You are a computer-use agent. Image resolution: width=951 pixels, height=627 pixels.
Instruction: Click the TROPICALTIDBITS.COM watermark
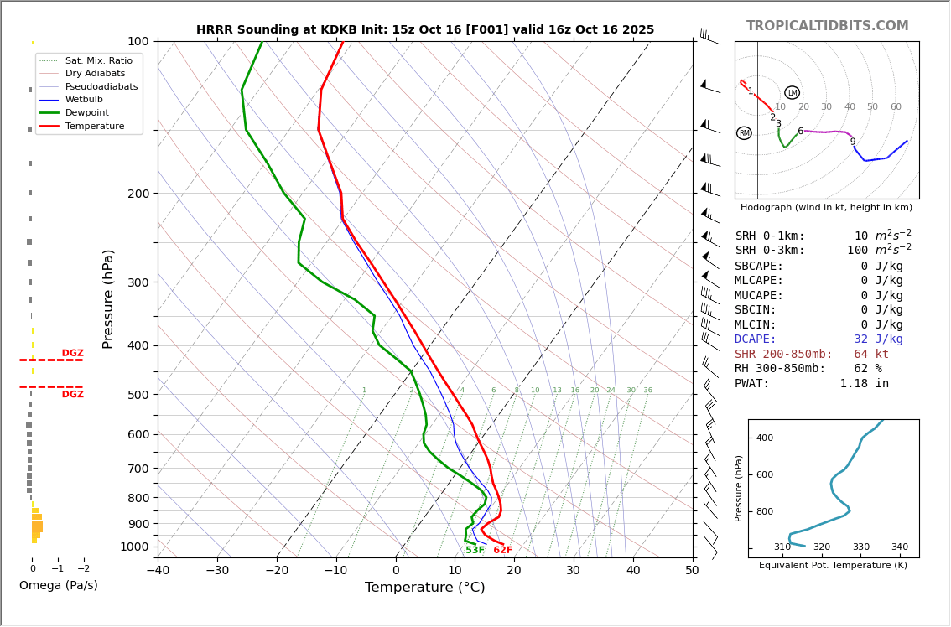[x=827, y=26]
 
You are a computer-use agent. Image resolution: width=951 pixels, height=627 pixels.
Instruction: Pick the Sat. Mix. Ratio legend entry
[x=98, y=60]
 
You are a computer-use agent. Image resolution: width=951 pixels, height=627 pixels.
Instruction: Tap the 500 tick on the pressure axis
[x=138, y=395]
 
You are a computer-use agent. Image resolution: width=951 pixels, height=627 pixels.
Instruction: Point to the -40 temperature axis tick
[x=158, y=571]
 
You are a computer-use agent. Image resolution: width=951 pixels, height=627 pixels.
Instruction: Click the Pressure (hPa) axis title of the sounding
[x=108, y=298]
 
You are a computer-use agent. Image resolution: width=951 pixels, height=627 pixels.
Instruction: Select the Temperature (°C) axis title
[x=424, y=588]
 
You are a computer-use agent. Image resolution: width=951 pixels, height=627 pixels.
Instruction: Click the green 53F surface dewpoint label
[x=475, y=550]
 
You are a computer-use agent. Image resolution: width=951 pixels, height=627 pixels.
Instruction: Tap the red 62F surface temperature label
[x=502, y=550]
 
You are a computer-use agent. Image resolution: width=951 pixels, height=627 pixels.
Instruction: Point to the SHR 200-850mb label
[x=783, y=355]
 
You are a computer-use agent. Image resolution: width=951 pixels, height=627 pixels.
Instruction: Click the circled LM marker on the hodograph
[x=792, y=93]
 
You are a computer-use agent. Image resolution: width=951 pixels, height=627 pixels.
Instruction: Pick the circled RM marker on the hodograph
[x=744, y=133]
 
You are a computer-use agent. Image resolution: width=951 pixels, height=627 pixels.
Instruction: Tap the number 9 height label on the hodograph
[x=853, y=142]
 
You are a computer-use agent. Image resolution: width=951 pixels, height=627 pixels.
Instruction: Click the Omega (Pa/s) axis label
[x=58, y=585]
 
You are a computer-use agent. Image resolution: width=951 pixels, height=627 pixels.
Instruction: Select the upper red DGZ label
[x=72, y=353]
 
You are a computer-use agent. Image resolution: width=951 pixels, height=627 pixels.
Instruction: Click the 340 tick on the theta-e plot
[x=899, y=547]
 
